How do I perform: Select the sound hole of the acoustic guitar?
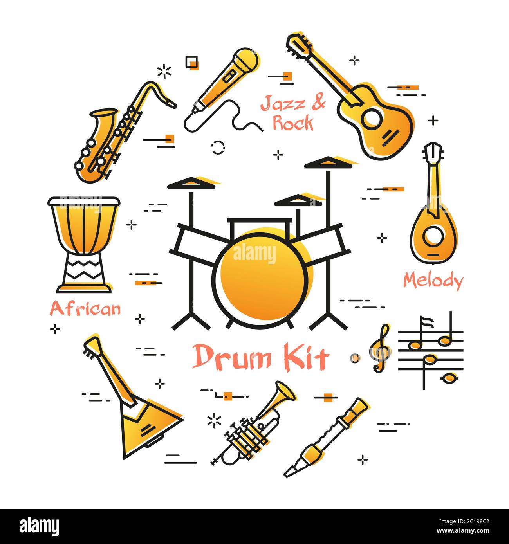click(372, 117)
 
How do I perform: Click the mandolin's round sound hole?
click(433, 236)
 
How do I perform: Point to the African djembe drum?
click(84, 243)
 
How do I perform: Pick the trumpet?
click(251, 427)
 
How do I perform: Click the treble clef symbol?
click(381, 348)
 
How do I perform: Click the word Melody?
click(433, 281)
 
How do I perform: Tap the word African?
click(85, 309)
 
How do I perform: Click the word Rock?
click(292, 123)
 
